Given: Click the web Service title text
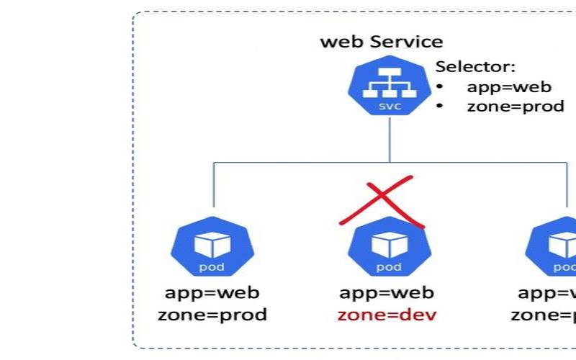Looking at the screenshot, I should pos(382,41).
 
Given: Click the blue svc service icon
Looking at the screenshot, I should pos(390,90).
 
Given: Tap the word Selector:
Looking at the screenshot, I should pos(475,67).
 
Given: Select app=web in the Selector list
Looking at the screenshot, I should pos(508,87).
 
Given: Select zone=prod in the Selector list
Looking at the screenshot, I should pos(515,107).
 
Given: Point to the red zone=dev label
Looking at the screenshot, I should pos(387,315).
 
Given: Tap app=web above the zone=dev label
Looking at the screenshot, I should pos(387,292).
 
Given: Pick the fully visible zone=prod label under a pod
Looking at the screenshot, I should pos(212,315).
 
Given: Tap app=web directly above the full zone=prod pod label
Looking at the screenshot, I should pos(212,292).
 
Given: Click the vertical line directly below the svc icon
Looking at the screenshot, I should pos(390,140).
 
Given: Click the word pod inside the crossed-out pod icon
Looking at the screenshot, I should pos(390,267).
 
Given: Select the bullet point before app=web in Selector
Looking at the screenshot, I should pos(439,87).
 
